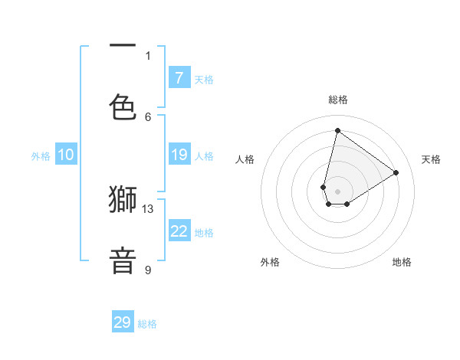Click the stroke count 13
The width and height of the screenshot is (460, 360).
coord(148,208)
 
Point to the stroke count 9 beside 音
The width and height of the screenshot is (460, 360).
coord(148,270)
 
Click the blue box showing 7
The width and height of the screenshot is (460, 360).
coord(179,78)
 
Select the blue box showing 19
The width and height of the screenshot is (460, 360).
coord(179,155)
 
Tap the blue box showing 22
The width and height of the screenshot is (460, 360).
coord(179,232)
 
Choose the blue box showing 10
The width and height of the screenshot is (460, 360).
coord(65,155)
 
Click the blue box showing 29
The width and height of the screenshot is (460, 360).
coord(123,322)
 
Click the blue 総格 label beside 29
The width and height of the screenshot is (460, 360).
coord(147,324)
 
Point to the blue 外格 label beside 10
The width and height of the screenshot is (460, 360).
coord(41,156)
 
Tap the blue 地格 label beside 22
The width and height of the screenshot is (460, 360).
coord(204,233)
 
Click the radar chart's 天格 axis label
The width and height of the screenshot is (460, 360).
coord(431,159)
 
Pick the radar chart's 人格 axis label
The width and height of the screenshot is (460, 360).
coord(245,159)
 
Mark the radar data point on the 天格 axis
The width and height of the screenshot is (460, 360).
coord(396,172)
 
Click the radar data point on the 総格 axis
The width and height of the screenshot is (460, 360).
coord(337,130)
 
